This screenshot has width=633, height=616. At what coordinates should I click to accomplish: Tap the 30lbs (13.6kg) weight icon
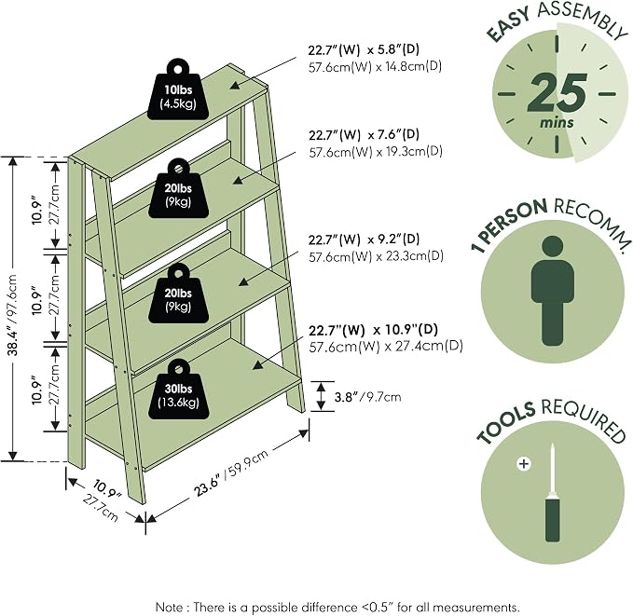(x=179, y=390)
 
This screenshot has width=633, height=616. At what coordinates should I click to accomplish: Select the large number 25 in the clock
(x=557, y=93)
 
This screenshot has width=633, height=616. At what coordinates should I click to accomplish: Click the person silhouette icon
(x=552, y=291)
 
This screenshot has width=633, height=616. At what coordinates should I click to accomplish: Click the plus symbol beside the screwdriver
(x=524, y=464)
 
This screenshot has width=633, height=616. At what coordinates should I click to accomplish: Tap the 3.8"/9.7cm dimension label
(x=367, y=397)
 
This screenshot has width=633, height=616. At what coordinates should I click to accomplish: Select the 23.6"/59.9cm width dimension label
(x=231, y=473)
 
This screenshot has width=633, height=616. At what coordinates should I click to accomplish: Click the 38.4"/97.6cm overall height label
(x=13, y=315)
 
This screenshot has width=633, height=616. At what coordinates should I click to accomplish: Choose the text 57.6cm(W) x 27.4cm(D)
(x=386, y=347)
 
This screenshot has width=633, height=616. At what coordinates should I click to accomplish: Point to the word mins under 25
(x=557, y=122)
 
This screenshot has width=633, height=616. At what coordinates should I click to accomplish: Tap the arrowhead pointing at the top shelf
(x=235, y=85)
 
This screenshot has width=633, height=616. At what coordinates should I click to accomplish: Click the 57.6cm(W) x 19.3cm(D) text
(x=376, y=152)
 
